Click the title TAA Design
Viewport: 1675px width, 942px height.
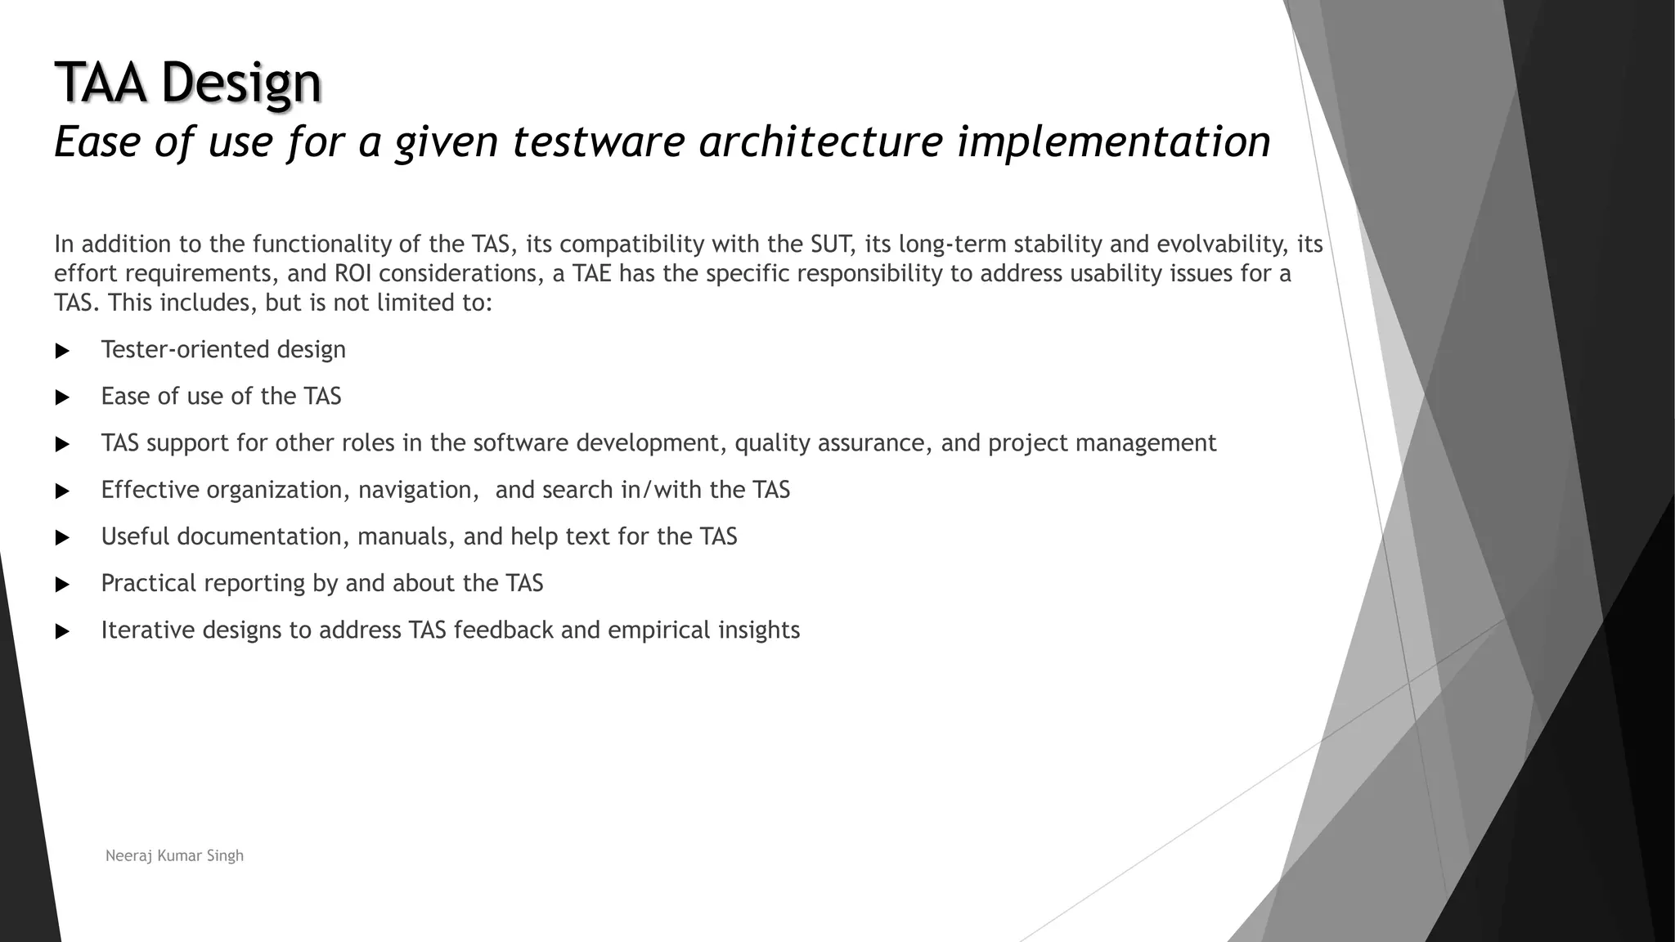click(188, 83)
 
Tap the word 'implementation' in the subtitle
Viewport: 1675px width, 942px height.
click(1114, 141)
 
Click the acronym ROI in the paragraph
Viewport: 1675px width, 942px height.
click(353, 273)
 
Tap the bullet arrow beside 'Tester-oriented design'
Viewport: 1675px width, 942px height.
click(62, 351)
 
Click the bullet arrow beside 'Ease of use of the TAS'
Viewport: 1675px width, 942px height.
click(62, 397)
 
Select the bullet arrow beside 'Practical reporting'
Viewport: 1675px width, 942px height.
click(62, 585)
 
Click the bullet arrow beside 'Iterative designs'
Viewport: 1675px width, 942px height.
click(62, 631)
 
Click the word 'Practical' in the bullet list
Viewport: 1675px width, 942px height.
click(149, 583)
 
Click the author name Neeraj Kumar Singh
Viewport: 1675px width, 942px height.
click(175, 855)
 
